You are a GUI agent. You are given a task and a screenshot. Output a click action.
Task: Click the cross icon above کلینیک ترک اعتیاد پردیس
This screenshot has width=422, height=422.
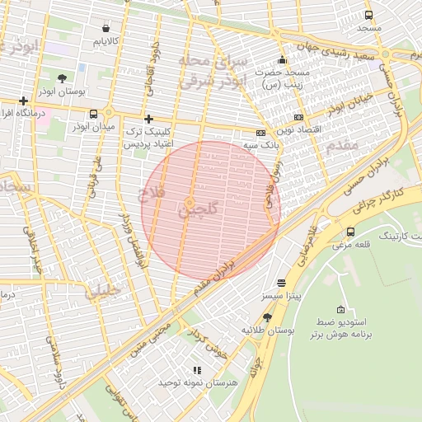pos(148,120)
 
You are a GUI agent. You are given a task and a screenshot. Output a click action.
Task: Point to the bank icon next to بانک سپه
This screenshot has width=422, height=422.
pos(261,133)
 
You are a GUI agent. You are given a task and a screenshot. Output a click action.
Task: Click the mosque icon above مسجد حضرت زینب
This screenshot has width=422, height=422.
pos(283,59)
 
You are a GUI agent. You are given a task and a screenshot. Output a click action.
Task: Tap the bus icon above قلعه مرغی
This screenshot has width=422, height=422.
pos(351,232)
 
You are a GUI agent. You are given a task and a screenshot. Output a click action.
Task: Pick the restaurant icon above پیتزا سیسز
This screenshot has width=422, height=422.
pos(282,282)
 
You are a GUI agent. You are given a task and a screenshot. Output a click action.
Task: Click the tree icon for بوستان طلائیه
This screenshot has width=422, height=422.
pos(267,317)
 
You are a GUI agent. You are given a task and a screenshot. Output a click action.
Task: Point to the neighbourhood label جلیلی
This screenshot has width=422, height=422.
pos(102,290)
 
